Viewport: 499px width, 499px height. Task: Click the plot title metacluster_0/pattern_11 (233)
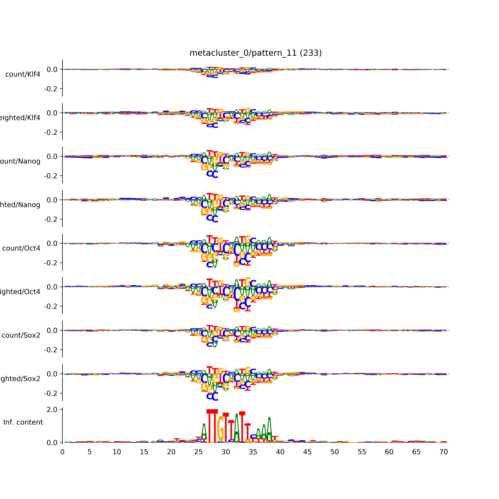tap(255, 53)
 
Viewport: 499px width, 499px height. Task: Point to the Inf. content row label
tap(23, 422)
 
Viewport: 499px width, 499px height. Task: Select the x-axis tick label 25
tap(198, 452)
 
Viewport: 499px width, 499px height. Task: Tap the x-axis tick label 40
tap(280, 452)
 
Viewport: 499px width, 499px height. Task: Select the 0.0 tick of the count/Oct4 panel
tap(52, 244)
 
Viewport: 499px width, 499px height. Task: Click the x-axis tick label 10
tap(117, 452)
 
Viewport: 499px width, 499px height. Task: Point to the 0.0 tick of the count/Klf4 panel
tap(52, 69)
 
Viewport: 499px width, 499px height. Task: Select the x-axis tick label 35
tap(253, 452)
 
